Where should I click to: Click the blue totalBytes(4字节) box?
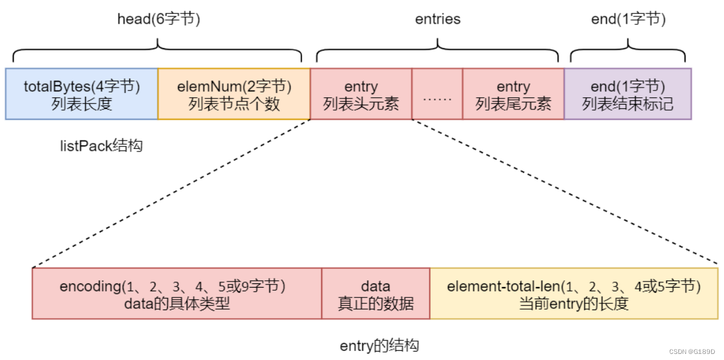pos(81,94)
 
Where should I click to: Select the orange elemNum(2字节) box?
pos(233,94)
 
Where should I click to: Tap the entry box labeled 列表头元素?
pos(360,94)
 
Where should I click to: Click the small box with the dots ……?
pos(436,94)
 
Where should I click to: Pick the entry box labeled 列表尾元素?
pos(512,94)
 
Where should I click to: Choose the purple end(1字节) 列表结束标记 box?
pos(627,94)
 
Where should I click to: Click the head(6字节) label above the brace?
pos(158,19)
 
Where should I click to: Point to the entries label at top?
pos(438,19)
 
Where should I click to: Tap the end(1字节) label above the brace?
pos(628,19)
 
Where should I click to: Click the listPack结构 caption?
pos(102,146)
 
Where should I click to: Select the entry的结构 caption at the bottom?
pos(379,346)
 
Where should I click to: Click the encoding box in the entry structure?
pos(176,294)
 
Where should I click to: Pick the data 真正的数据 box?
pos(376,294)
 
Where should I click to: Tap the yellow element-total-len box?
pos(573,294)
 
